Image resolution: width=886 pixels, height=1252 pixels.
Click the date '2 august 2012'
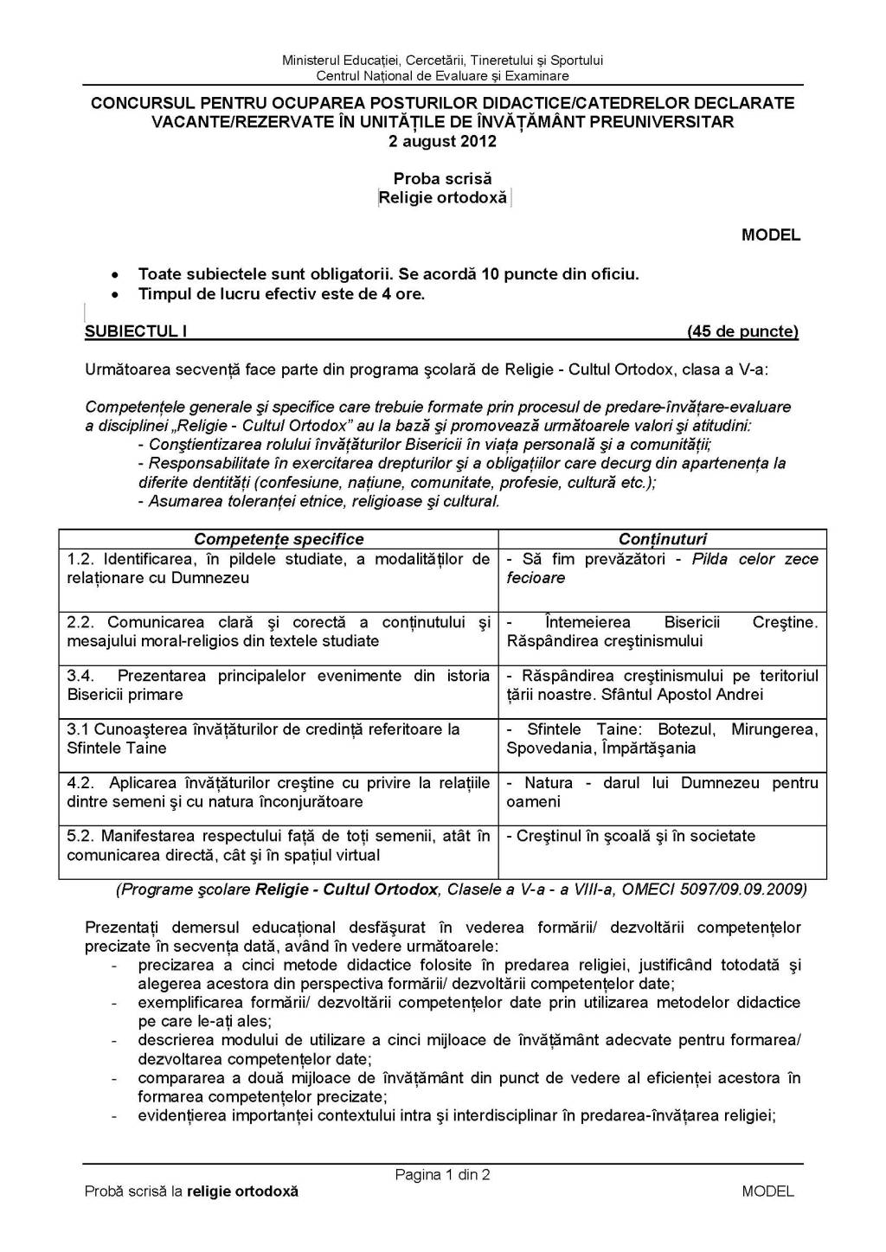[442, 141]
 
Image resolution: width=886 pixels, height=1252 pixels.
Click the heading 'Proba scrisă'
[442, 178]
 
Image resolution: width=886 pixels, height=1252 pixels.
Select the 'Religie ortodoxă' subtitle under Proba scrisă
[443, 197]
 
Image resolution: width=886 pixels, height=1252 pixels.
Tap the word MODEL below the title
[771, 235]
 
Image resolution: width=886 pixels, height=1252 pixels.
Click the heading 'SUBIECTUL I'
[136, 331]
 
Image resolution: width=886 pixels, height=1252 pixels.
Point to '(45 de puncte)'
[742, 331]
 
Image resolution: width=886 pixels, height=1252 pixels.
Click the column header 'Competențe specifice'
[279, 539]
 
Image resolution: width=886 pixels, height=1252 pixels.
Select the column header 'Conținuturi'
[663, 539]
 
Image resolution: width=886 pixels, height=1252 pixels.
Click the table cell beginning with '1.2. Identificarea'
[279, 568]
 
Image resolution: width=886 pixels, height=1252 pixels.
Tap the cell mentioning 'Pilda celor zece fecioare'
[663, 568]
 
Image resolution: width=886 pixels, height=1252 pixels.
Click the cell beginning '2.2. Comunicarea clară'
[279, 632]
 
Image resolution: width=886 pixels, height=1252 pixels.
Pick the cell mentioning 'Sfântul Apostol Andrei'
[663, 685]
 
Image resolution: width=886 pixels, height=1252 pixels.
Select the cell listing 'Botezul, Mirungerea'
[663, 739]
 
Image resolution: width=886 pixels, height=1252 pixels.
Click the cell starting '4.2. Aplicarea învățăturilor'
[279, 793]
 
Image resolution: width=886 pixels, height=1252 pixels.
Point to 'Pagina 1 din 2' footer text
[443, 1175]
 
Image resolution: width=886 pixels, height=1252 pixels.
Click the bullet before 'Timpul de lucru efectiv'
[115, 295]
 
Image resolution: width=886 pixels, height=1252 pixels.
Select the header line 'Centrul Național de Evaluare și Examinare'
[443, 75]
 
